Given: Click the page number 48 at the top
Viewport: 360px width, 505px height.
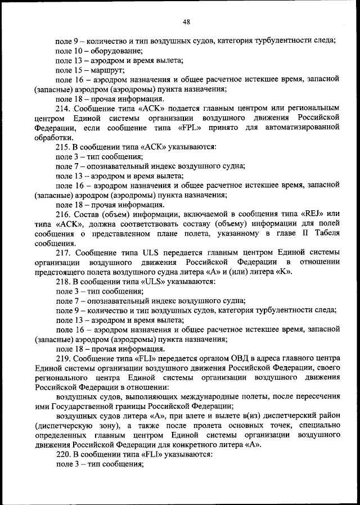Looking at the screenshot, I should click(186, 22).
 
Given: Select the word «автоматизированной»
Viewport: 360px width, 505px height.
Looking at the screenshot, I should click(305, 128).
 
